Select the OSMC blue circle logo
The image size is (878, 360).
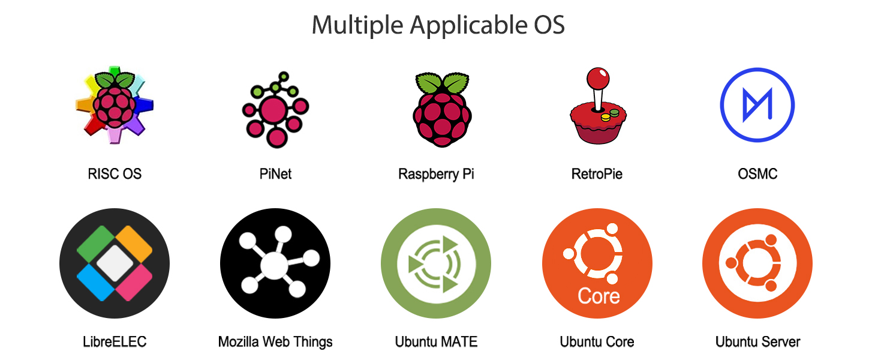pyautogui.click(x=757, y=104)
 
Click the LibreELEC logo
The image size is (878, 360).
pyautogui.click(x=115, y=263)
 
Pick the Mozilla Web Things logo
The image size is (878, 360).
pyautogui.click(x=275, y=263)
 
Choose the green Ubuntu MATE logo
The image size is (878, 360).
pyautogui.click(x=436, y=263)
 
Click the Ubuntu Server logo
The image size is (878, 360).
pyautogui.click(x=757, y=263)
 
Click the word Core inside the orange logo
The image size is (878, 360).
pyautogui.click(x=599, y=296)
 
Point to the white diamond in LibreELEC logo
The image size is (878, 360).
pyautogui.click(x=113, y=263)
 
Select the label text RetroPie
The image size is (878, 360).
pyautogui.click(x=597, y=174)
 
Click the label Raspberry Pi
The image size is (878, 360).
pyautogui.click(x=436, y=174)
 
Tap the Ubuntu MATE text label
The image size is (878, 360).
pyautogui.click(x=436, y=342)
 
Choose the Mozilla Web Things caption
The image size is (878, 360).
pyautogui.click(x=275, y=342)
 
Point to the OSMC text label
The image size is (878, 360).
pyautogui.click(x=757, y=174)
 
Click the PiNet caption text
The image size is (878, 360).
pyautogui.click(x=275, y=174)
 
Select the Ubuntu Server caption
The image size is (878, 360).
pyautogui.click(x=757, y=342)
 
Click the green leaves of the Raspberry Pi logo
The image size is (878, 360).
pyautogui.click(x=443, y=82)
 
